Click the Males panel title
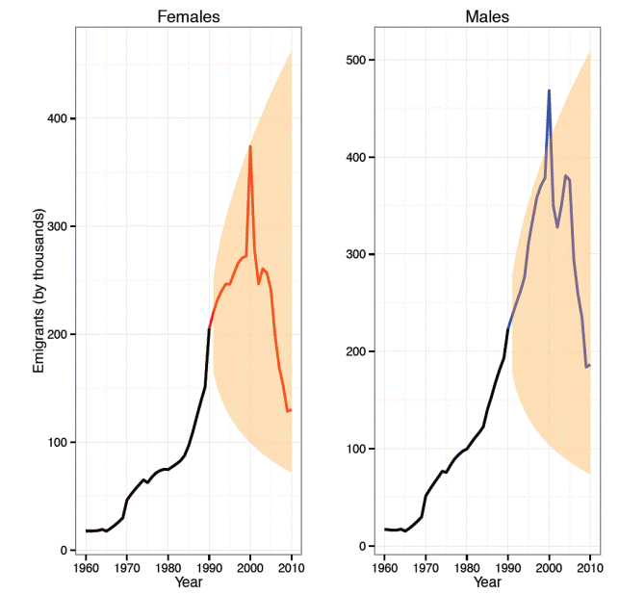[x=487, y=16]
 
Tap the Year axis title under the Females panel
[x=189, y=582]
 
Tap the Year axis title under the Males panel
[x=487, y=582]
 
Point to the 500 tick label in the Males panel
[x=354, y=60]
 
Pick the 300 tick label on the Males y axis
[x=354, y=254]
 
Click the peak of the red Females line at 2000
[x=250, y=146]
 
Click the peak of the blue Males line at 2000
[x=549, y=91]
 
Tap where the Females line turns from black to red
[x=209, y=329]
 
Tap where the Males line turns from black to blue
[x=507, y=329]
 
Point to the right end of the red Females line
[x=292, y=410]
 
